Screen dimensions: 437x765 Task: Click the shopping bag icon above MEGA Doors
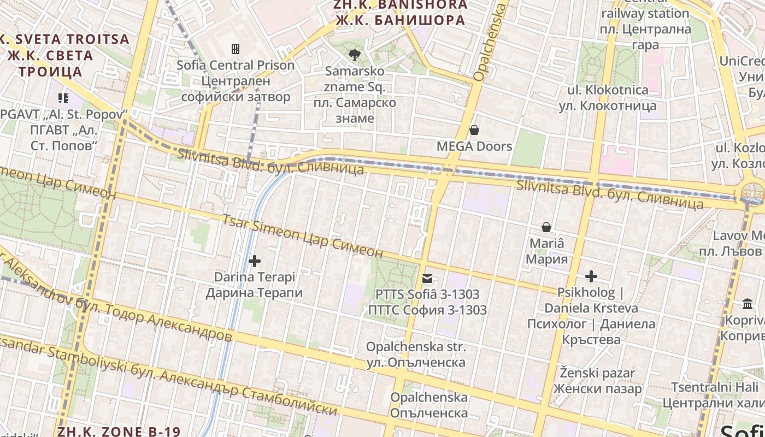click(474, 130)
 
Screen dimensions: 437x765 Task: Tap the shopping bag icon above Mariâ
click(546, 227)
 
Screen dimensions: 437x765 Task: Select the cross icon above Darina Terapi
click(254, 261)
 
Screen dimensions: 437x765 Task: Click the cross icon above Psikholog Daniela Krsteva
click(591, 276)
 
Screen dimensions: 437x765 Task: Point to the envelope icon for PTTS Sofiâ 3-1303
click(427, 279)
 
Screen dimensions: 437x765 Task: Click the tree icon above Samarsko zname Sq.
click(354, 55)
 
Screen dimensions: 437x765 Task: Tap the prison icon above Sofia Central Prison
click(236, 49)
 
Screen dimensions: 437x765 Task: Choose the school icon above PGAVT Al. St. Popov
click(63, 98)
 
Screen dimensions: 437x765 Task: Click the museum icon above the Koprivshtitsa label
click(747, 304)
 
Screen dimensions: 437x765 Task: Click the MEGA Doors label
click(474, 146)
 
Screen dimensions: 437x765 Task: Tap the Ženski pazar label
click(597, 381)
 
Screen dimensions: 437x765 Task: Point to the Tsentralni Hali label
click(713, 395)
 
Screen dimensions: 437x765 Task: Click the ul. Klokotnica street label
click(608, 97)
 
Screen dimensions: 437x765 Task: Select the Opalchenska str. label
click(416, 354)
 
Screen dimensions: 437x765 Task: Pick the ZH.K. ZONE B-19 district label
click(119, 431)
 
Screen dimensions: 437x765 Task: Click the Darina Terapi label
click(254, 285)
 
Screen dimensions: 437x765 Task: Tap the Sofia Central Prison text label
click(236, 81)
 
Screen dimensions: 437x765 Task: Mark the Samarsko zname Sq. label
click(355, 95)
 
